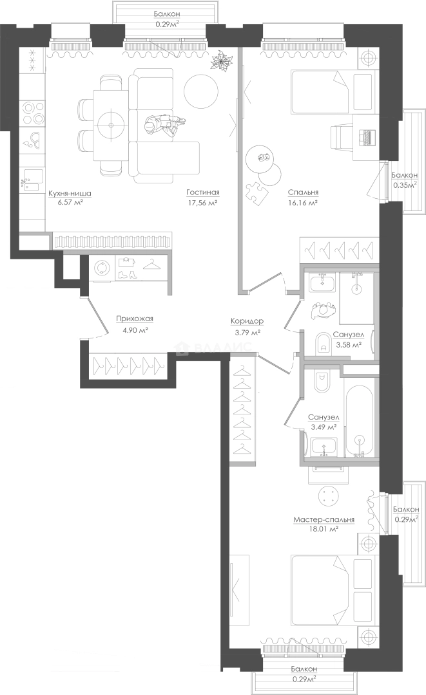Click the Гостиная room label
(x=203, y=192)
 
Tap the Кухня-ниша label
(x=70, y=193)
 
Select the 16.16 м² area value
(x=304, y=203)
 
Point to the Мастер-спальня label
(x=324, y=519)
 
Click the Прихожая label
(x=135, y=319)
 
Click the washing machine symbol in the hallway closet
(x=102, y=267)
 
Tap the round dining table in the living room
(x=110, y=124)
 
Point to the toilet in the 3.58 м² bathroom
(x=322, y=344)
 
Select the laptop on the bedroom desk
(x=368, y=136)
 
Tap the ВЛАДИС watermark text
(x=215, y=348)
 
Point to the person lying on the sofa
(x=163, y=125)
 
